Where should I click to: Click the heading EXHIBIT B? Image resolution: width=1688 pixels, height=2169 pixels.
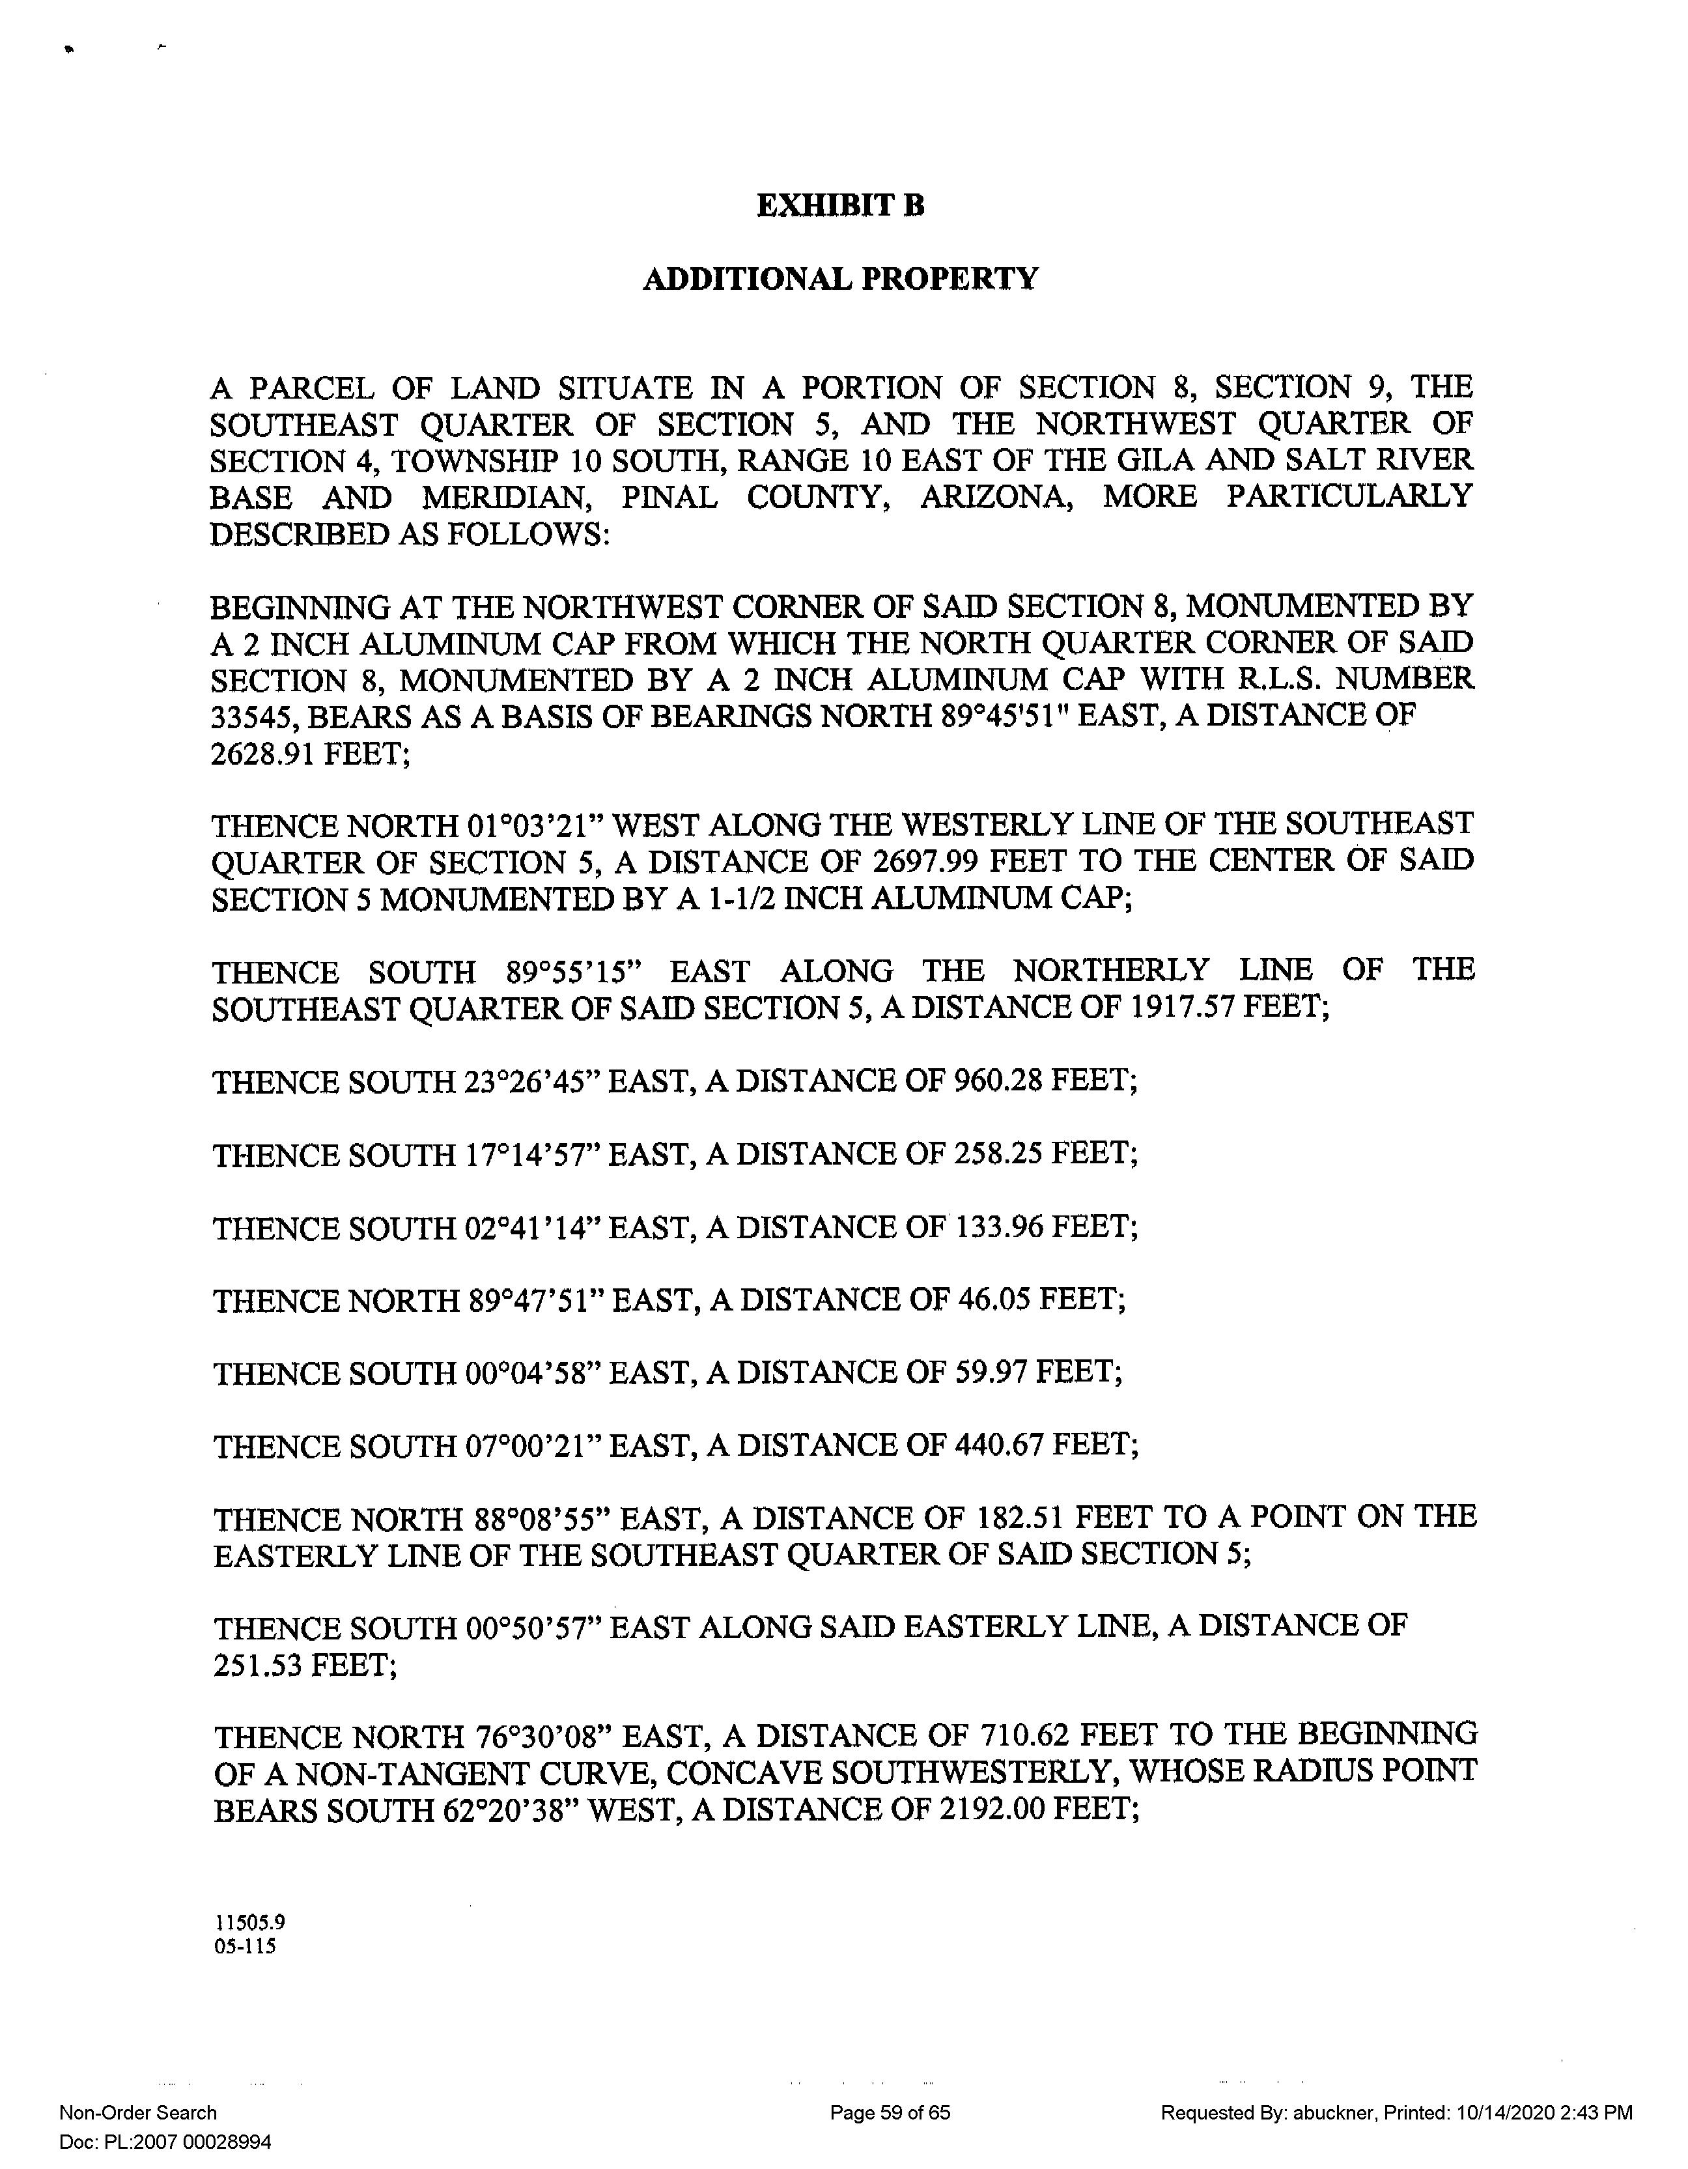point(840,206)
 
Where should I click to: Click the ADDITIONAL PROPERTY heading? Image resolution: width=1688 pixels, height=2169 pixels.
point(840,279)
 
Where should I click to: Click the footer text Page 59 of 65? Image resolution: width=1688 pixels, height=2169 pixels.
point(890,2112)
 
